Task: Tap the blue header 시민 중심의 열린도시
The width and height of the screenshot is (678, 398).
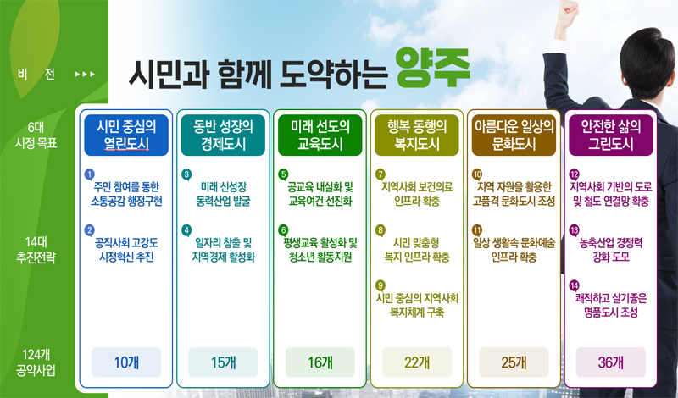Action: coord(126,135)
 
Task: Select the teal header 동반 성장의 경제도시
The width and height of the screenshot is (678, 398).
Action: coord(223,135)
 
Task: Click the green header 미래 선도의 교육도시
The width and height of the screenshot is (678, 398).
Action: coord(320,135)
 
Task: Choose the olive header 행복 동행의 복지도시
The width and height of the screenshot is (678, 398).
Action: coord(417,135)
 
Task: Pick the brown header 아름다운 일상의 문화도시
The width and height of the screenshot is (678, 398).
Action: coord(514,135)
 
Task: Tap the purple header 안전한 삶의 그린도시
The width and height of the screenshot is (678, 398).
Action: coord(611,135)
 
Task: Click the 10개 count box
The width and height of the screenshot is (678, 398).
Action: coord(126,362)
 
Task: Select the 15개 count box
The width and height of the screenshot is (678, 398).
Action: coord(223,362)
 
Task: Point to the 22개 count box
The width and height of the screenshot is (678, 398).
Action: coord(417,362)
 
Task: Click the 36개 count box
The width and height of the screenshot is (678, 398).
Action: coord(611,362)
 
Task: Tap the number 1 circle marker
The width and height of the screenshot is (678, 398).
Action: coord(90,174)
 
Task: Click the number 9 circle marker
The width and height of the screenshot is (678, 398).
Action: coord(381,285)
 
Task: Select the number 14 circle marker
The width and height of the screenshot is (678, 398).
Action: coord(575,285)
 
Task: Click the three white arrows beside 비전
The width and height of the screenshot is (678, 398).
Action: coord(85,75)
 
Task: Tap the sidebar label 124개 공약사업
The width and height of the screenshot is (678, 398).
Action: coord(36,362)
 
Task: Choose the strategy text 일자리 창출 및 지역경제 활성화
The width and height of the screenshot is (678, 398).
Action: coord(223,250)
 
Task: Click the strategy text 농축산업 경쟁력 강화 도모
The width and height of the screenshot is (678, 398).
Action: coord(611,250)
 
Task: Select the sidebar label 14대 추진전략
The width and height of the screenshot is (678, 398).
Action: coord(36,250)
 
